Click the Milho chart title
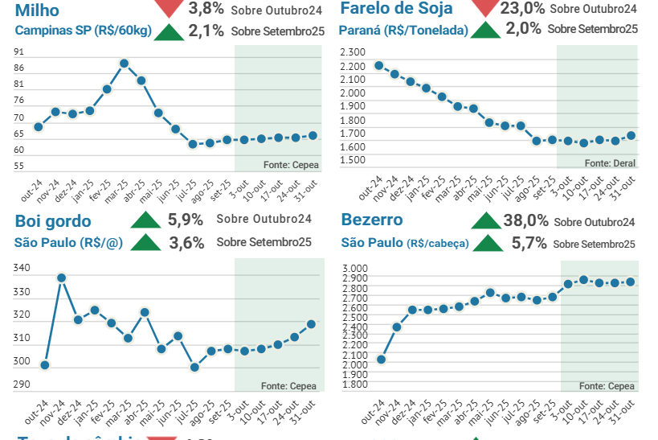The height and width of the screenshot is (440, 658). [x=37, y=9]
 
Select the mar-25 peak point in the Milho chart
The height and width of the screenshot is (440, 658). [x=124, y=63]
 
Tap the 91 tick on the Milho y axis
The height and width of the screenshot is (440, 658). [x=18, y=51]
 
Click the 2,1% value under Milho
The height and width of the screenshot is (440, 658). [x=206, y=31]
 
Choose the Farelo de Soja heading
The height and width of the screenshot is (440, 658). [x=396, y=9]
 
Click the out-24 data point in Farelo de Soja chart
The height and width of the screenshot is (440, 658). [x=378, y=65]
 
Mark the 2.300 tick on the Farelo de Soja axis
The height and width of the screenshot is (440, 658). [x=353, y=51]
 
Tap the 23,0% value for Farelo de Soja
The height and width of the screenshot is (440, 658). [x=522, y=8]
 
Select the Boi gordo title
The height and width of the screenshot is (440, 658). [x=53, y=221]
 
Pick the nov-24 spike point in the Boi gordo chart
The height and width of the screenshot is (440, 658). [x=61, y=278]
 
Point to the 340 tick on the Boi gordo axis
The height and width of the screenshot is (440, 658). [x=22, y=268]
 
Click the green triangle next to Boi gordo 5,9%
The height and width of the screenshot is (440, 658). [x=146, y=220]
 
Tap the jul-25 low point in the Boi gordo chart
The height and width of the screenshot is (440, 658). [x=194, y=367]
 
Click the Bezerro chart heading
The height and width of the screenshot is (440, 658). [x=372, y=220]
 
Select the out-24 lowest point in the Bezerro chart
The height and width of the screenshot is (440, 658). [x=381, y=360]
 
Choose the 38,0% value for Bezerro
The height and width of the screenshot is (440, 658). [x=525, y=220]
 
